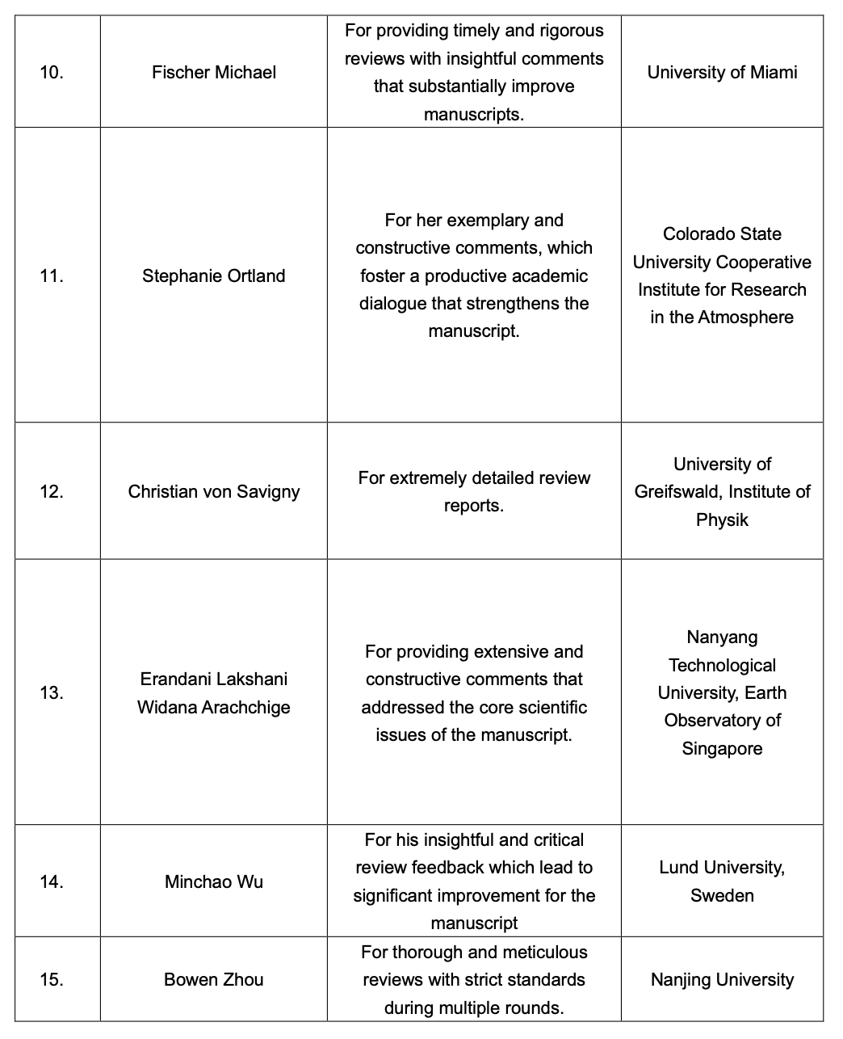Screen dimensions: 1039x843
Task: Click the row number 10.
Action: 52,73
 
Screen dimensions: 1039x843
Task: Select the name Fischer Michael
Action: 214,73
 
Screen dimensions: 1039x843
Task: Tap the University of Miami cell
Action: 722,73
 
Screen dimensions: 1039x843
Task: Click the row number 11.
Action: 52,276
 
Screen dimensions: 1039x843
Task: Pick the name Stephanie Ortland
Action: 214,276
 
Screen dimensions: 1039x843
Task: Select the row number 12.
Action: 52,491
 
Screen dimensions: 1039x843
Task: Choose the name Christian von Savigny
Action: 214,491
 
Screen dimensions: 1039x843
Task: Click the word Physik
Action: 722,519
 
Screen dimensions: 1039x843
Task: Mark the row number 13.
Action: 52,692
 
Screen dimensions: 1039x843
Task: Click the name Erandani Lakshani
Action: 214,679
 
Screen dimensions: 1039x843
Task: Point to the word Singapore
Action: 722,748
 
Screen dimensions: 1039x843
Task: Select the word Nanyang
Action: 722,637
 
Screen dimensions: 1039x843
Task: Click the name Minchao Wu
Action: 214,881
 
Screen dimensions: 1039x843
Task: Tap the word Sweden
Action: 722,896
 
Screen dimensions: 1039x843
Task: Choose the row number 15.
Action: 52,980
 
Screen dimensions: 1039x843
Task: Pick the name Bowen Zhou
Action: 214,980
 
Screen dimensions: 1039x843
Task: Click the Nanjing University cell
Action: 722,980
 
